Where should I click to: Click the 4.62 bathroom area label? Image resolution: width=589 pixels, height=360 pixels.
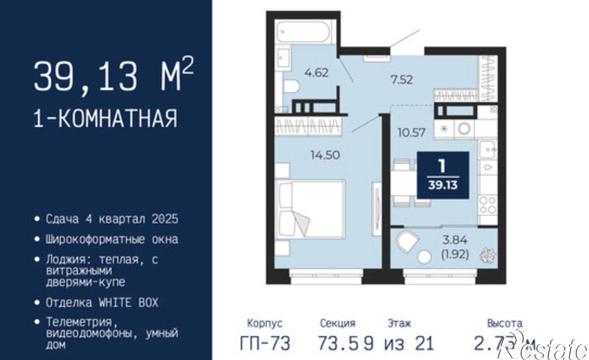point(316,72)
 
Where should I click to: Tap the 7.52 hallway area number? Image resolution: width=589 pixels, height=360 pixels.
point(401,79)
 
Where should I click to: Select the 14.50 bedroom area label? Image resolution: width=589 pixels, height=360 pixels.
point(325,155)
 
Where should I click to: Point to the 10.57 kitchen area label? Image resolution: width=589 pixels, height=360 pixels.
point(411,132)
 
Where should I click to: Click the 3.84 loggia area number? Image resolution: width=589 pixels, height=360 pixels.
point(455,240)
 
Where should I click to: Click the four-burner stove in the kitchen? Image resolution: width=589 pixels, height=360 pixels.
point(488,205)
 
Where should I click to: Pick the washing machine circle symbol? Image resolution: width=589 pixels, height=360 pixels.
point(464,129)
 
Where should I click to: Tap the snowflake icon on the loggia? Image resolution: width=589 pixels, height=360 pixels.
point(487,256)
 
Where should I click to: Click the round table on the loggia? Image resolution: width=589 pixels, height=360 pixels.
point(425,256)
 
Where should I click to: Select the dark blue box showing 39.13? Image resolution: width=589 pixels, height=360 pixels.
point(443,175)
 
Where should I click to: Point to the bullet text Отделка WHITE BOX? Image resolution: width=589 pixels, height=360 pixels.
point(102,303)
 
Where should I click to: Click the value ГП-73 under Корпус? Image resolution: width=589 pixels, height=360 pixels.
point(265,343)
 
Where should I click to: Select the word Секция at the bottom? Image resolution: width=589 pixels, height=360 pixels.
point(337,323)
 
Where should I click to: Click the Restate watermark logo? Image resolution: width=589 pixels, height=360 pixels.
point(542,349)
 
